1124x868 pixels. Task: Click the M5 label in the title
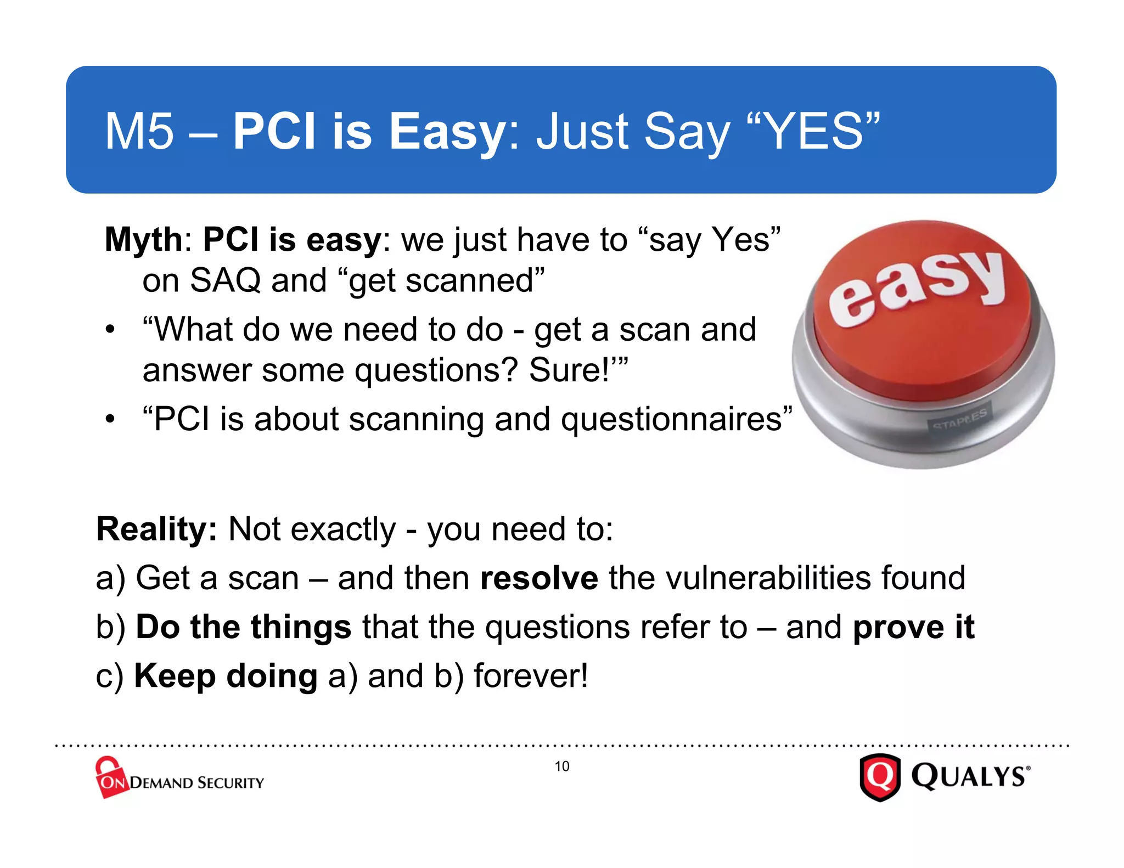pos(139,132)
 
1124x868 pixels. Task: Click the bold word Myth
pos(143,240)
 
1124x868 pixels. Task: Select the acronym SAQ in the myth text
pos(225,281)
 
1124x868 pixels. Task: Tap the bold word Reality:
pos(157,529)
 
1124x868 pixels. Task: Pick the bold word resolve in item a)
pos(539,578)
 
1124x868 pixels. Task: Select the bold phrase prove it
pos(913,627)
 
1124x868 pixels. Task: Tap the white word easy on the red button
pos(917,288)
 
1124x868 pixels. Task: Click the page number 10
pos(561,766)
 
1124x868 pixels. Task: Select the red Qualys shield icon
pos(880,777)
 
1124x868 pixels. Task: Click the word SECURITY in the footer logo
pos(230,783)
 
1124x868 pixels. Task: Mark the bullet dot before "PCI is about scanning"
pos(110,420)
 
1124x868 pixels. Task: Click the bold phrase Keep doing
pos(226,676)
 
